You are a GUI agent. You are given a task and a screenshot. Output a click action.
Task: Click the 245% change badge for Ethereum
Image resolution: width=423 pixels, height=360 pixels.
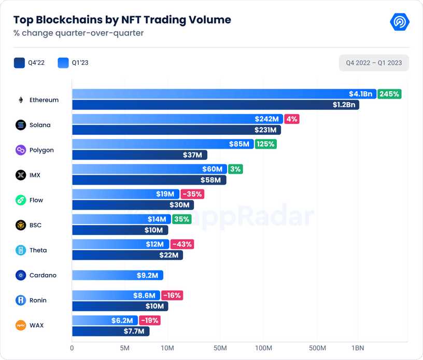click(389, 94)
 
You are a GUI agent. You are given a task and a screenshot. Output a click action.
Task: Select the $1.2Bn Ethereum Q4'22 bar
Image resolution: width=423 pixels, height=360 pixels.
click(215, 105)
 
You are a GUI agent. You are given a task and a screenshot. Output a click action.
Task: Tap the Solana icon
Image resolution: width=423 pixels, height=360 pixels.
click(21, 125)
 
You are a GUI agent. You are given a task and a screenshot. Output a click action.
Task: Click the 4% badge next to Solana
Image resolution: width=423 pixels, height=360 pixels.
click(292, 119)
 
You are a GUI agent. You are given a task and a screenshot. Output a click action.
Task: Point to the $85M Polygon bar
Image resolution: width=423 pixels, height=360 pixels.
click(162, 144)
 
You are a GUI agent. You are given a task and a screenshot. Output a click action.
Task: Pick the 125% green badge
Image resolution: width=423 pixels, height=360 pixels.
click(265, 144)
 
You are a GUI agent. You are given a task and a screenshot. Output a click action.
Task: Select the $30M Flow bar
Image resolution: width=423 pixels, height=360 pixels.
click(132, 205)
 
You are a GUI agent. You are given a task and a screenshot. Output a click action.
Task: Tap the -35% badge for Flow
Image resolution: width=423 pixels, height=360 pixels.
click(192, 194)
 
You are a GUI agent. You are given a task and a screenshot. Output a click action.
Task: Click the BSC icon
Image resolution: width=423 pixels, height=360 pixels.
click(21, 225)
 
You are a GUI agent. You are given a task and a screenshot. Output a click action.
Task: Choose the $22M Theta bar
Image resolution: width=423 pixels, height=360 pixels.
click(127, 255)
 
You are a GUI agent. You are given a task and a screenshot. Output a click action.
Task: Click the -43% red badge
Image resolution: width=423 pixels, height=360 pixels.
click(181, 244)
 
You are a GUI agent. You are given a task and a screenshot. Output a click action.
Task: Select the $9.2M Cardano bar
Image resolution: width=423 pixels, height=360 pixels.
click(117, 275)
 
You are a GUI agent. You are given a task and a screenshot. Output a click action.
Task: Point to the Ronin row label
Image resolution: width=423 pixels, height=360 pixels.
click(38, 300)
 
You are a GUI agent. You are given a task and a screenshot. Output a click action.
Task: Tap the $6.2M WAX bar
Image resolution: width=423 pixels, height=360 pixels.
click(105, 321)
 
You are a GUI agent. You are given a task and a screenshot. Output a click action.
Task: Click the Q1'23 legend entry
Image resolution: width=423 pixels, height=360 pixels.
click(74, 63)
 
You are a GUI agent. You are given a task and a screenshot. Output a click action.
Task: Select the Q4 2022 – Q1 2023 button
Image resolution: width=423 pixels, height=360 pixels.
click(374, 63)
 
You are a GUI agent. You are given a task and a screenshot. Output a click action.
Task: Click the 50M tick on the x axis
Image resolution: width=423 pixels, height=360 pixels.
click(220, 348)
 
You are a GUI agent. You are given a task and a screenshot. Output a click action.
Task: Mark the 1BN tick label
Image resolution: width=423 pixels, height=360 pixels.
click(357, 348)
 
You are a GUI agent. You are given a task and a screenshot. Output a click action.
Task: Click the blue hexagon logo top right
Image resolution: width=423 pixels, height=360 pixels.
click(400, 22)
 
